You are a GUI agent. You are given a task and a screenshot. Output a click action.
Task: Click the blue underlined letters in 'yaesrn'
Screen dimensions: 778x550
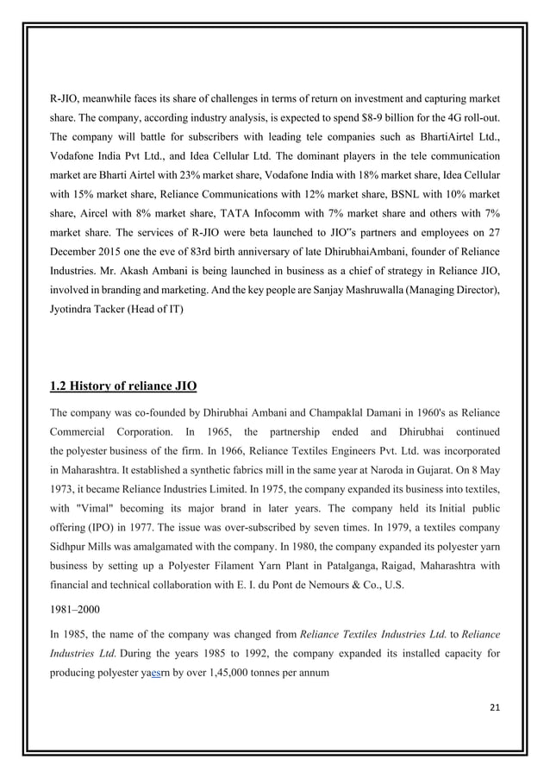click(x=156, y=670)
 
